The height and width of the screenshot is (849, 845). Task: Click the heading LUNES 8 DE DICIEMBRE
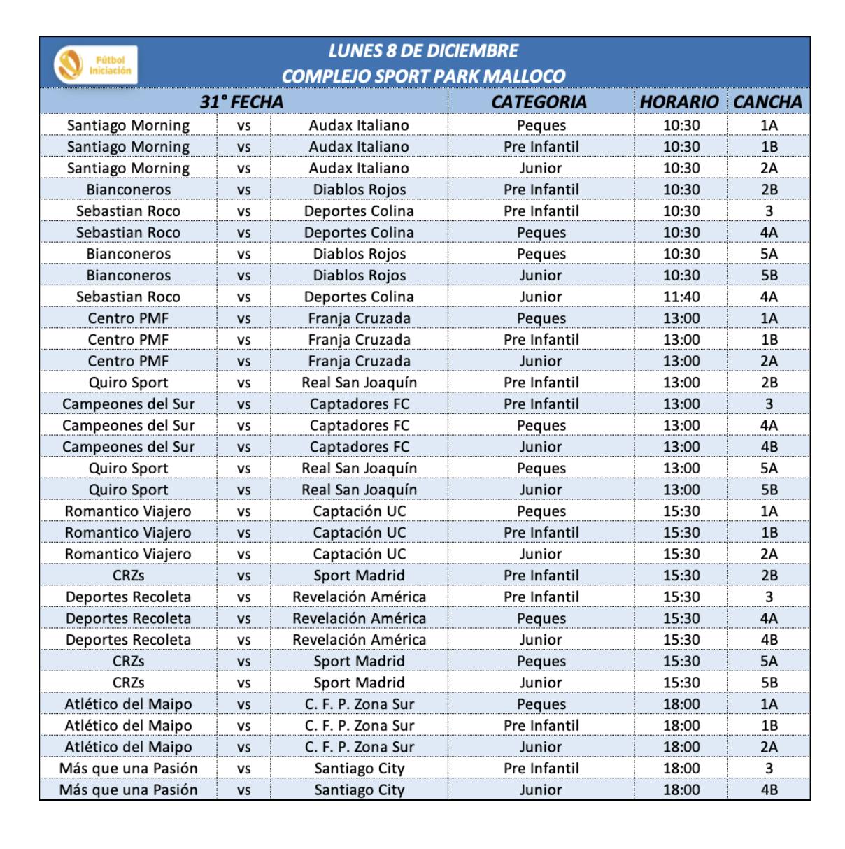[423, 51]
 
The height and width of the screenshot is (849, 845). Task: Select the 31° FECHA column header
[242, 102]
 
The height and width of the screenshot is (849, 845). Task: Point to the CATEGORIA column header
[539, 102]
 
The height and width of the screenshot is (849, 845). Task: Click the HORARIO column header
[679, 102]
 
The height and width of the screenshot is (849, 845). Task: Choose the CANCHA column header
[767, 102]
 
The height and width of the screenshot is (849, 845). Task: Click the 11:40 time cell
[681, 297]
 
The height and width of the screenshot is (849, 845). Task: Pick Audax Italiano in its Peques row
[359, 125]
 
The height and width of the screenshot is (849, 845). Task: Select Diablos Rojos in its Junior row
[359, 276]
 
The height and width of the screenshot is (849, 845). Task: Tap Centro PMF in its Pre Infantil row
[128, 340]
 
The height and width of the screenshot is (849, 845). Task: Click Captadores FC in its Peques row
[359, 425]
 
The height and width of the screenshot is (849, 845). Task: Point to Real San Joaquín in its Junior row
[359, 490]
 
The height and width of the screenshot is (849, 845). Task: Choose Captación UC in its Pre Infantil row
[359, 533]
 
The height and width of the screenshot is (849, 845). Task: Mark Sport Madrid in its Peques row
[359, 662]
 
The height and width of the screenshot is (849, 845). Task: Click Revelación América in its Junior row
[359, 640]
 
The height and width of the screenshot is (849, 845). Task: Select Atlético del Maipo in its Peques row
[128, 704]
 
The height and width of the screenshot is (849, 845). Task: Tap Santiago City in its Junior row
[359, 790]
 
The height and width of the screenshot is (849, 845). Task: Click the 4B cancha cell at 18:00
[769, 790]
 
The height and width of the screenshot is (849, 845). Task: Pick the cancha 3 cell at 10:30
[769, 211]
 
